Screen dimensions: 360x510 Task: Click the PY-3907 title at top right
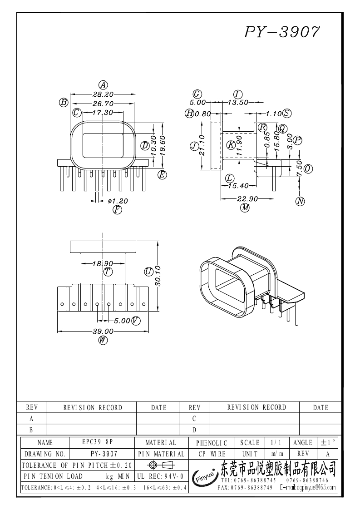[282, 32]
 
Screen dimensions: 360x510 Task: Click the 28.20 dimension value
[103, 94]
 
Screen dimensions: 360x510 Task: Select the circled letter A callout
[103, 85]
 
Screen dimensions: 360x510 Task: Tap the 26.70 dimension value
[103, 104]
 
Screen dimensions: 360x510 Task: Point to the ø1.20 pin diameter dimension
[118, 201]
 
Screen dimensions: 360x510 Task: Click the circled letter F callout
[117, 210]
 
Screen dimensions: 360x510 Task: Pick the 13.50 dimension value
[238, 103]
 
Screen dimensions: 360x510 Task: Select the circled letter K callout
[231, 145]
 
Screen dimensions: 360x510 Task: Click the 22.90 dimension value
[247, 198]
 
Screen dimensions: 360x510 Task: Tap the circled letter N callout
[300, 201]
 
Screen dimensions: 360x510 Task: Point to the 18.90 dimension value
[103, 263]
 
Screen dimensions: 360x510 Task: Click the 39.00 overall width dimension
[103, 331]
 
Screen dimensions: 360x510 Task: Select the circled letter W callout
[103, 340]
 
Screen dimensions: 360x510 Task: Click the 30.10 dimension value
[158, 276]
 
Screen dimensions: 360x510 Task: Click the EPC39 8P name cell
[98, 442]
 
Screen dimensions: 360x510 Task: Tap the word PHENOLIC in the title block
[212, 443]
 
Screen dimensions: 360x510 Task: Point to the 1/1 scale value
[276, 443]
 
